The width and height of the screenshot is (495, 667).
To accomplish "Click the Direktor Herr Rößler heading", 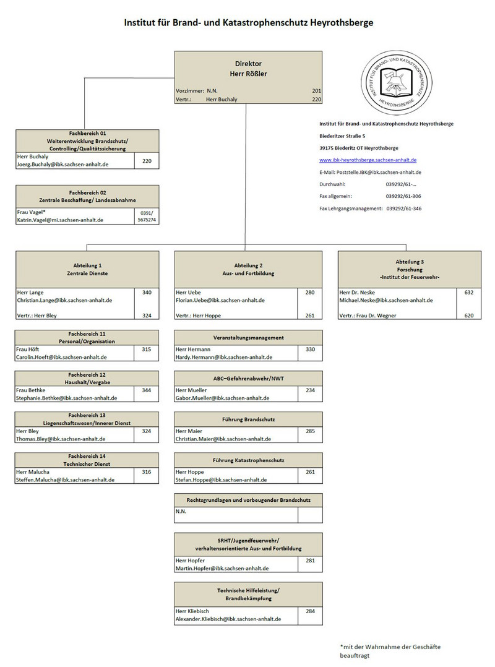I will [248, 69].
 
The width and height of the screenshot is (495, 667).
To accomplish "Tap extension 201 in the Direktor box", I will [316, 90].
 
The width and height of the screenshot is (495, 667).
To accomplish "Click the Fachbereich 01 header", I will [87, 140].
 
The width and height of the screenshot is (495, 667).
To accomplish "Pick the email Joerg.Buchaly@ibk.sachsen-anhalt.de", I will [63, 165].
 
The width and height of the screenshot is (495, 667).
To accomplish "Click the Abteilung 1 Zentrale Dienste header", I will [87, 269].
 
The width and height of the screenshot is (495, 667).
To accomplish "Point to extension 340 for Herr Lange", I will [146, 291].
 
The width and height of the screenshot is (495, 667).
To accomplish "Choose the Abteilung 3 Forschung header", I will [409, 269].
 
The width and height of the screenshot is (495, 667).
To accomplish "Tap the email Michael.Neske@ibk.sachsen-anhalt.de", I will [386, 300].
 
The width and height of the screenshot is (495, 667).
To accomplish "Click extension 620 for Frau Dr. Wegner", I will [469, 316].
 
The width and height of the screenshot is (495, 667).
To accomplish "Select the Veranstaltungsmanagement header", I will [248, 337].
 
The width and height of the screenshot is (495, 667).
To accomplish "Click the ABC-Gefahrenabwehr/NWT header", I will [248, 379].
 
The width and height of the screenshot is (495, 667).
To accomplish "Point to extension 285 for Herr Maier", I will [310, 431].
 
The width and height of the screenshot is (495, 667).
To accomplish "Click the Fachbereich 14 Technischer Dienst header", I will [87, 460].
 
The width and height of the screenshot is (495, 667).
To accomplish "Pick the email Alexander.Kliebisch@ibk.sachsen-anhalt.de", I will [229, 619].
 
